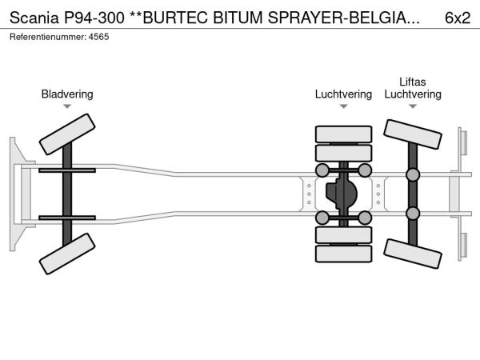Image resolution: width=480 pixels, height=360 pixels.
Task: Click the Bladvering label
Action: point(67,94)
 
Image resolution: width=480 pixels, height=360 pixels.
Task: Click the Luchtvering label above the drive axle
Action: point(343,94)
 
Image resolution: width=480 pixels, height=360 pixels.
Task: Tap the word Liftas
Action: point(413,82)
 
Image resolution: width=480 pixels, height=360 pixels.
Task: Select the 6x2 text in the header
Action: point(457,17)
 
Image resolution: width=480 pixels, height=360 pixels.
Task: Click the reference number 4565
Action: point(98,37)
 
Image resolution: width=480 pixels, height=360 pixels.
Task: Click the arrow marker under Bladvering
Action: point(67,107)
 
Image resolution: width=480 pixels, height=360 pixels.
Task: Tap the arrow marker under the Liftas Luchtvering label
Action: point(413,107)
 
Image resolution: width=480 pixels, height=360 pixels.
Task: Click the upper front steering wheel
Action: point(67,134)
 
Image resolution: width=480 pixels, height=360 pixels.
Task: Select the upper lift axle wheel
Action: point(413,134)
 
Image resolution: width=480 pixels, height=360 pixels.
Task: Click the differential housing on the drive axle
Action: point(344,194)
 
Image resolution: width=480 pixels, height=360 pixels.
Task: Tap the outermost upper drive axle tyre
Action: point(344,134)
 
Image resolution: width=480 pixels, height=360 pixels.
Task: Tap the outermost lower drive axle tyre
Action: point(344,254)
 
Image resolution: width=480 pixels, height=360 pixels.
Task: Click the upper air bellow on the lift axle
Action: point(413,174)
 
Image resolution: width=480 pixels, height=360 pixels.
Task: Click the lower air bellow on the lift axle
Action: point(413,213)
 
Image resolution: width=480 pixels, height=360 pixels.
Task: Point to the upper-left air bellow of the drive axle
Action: point(322,170)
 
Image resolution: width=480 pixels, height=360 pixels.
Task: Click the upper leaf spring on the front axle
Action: point(67,170)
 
